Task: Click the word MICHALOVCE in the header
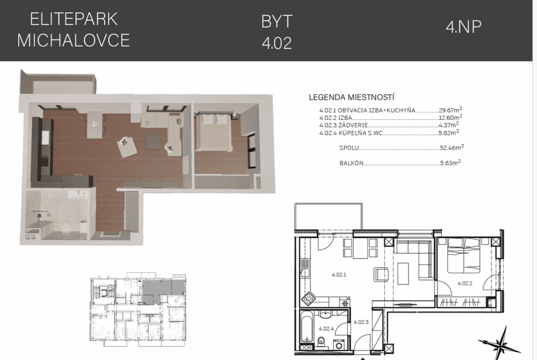pyautogui.click(x=73, y=40)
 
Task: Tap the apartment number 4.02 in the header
pyautogui.click(x=277, y=44)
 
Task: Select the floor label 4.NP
pyautogui.click(x=464, y=26)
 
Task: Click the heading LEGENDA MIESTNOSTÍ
pyautogui.click(x=352, y=97)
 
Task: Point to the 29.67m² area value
pyautogui.click(x=450, y=110)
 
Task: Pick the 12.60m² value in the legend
pyautogui.click(x=450, y=118)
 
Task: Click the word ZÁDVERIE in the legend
pyautogui.click(x=353, y=125)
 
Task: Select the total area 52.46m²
pyautogui.click(x=452, y=148)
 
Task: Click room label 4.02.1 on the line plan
pyautogui.click(x=339, y=274)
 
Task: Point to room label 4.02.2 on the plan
pyautogui.click(x=465, y=283)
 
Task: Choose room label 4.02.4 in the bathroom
pyautogui.click(x=326, y=328)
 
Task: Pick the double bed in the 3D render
pyautogui.click(x=215, y=131)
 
